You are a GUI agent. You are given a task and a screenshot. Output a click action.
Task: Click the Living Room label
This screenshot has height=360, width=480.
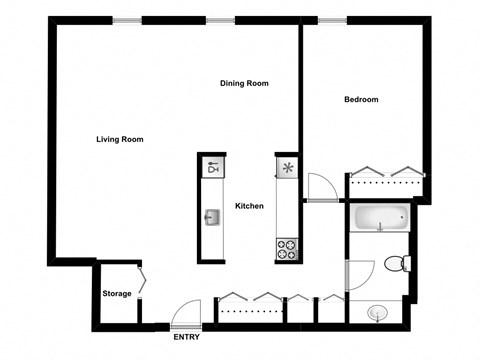[119, 139]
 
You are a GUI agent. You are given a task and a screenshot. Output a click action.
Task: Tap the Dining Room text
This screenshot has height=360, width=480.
[244, 83]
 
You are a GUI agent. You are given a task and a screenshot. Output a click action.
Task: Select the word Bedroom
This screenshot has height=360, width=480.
[361, 99]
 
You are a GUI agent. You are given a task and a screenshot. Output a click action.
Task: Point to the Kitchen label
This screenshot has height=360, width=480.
[249, 206]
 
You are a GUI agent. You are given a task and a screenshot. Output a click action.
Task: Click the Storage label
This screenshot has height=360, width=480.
[117, 293]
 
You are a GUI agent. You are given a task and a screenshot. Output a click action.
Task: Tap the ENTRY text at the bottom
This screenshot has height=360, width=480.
[186, 337]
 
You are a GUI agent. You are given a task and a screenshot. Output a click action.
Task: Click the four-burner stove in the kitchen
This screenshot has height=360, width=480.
[287, 248]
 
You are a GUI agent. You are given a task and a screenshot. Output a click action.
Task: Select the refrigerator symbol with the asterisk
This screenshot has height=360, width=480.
[287, 168]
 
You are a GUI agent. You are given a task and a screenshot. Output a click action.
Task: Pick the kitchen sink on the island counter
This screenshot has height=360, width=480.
[212, 217]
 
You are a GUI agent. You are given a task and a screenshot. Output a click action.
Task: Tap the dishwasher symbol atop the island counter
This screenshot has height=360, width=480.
[212, 168]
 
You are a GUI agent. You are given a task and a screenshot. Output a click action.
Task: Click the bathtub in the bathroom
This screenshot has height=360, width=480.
[381, 217]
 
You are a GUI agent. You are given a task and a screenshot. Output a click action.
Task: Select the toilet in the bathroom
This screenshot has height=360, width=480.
[397, 264]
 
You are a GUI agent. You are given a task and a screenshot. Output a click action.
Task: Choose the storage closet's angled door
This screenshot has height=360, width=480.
[142, 281]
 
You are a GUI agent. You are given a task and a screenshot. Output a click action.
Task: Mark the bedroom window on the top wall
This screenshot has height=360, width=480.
[332, 20]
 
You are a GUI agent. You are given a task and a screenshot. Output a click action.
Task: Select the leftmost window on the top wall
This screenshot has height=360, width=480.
[126, 20]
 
